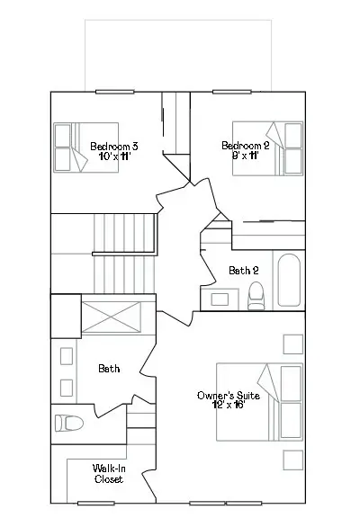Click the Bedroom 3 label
click(x=114, y=147)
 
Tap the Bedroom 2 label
click(x=246, y=146)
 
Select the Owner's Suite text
click(x=229, y=396)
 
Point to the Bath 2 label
click(x=244, y=270)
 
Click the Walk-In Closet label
click(x=109, y=474)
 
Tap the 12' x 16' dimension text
click(x=229, y=405)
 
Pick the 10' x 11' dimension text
click(x=114, y=156)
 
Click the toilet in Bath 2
click(x=256, y=296)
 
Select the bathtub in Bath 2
click(x=289, y=280)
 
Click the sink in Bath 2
click(x=220, y=299)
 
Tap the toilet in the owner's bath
click(x=69, y=423)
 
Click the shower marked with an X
click(x=112, y=317)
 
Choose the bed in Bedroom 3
click(x=86, y=147)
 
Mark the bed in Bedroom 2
click(x=268, y=148)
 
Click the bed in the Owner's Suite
click(x=259, y=402)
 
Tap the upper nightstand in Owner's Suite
click(x=293, y=344)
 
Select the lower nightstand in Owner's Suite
click(x=293, y=460)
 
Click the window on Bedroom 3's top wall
click(x=114, y=92)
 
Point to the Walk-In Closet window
click(x=96, y=503)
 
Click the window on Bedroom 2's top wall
click(x=232, y=92)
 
